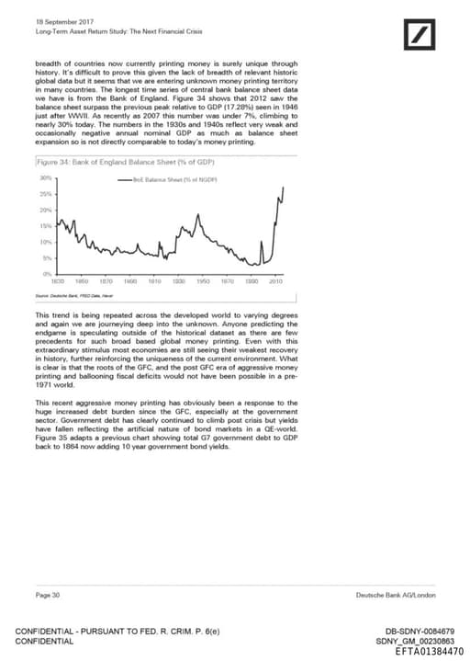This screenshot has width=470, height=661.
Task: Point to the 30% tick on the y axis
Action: pos(44,177)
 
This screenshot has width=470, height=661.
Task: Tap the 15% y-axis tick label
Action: pos(44,225)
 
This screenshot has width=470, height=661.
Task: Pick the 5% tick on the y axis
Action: pos(45,258)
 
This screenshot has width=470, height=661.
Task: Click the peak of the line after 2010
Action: pos(282,188)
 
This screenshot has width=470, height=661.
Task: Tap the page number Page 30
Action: pos(48,597)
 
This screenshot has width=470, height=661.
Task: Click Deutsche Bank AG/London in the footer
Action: pos(396,597)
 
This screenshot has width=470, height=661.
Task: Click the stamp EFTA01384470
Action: pos(428,650)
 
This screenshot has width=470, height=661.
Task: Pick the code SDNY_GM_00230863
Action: pos(415,640)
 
